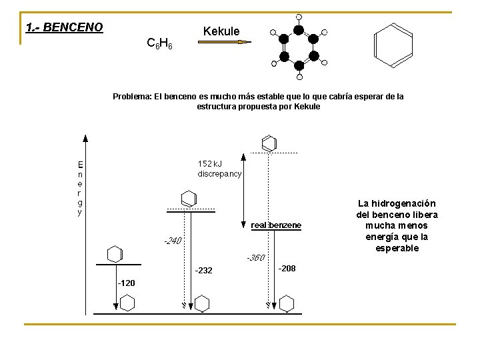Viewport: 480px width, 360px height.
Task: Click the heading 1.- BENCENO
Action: pos(64,27)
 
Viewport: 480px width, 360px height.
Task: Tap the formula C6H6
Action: pos(159,44)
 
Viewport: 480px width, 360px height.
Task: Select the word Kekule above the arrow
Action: pos(221,31)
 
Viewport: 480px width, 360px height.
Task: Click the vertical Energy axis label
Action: pos(80,188)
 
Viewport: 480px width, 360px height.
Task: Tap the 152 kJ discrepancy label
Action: pos(219,168)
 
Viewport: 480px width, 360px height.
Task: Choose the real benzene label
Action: pos(276,225)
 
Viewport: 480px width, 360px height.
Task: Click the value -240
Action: pos(173,241)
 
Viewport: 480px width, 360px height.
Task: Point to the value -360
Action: pos(255,257)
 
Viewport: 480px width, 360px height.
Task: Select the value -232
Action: pos(203,270)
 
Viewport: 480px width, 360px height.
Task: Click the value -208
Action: pos(287,268)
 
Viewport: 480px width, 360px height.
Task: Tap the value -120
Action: pos(126,283)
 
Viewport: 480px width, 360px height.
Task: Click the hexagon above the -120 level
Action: pos(115,254)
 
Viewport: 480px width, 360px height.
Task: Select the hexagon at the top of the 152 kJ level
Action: pos(269,143)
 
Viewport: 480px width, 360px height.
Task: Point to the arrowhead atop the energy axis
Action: pos(85,139)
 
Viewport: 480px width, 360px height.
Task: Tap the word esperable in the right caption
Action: pos(397,248)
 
